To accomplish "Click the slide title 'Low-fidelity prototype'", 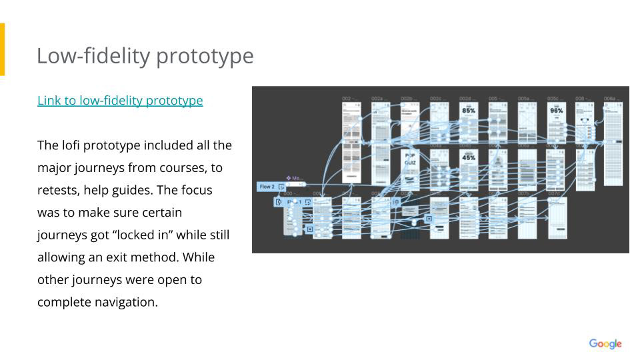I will click(x=145, y=56).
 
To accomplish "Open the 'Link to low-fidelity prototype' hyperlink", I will click(x=120, y=101).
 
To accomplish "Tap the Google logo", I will click(x=605, y=344).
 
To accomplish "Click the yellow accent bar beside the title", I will click(x=2, y=49).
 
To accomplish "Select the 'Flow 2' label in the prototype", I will click(x=267, y=187).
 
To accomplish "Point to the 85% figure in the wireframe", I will click(x=469, y=111).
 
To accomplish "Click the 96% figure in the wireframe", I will click(x=556, y=111).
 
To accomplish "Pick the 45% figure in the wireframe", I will click(x=469, y=157).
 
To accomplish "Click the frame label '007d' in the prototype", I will click(x=555, y=193).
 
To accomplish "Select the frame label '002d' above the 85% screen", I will click(x=466, y=99).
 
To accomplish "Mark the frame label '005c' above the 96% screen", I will click(x=553, y=99).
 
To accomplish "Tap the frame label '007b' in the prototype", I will click(x=525, y=193).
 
